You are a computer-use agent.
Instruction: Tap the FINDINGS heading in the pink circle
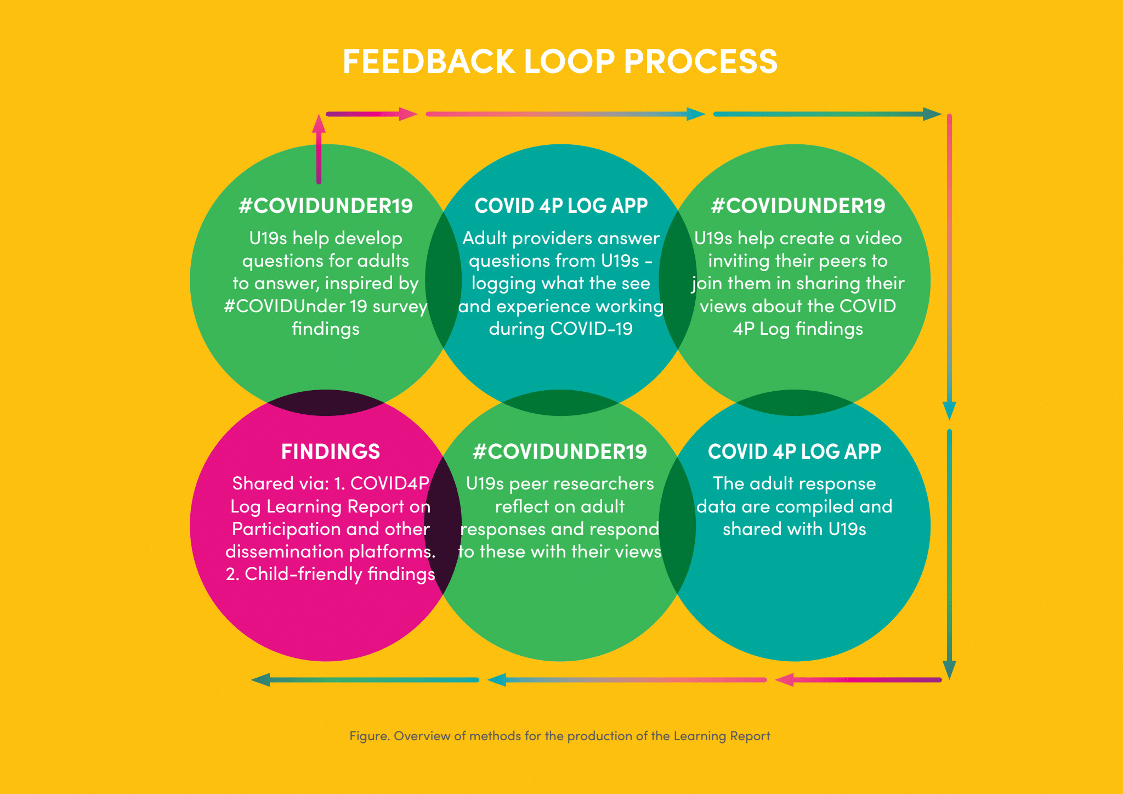(330, 452)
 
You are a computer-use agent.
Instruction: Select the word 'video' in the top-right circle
(878, 238)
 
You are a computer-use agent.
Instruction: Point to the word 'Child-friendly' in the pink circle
(303, 574)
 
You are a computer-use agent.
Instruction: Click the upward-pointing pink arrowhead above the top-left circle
(319, 123)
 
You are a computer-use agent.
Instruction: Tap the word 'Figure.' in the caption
(370, 736)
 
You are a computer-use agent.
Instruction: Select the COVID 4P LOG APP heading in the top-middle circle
(561, 206)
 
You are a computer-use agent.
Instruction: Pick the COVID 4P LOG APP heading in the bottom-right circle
(795, 452)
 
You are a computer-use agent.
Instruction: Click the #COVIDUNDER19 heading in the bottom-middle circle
(560, 452)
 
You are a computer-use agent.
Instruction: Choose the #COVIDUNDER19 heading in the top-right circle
(798, 206)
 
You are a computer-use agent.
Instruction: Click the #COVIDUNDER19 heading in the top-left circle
(326, 206)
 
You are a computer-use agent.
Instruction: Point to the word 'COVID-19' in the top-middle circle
(591, 329)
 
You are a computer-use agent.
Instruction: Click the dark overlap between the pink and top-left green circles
(326, 403)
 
